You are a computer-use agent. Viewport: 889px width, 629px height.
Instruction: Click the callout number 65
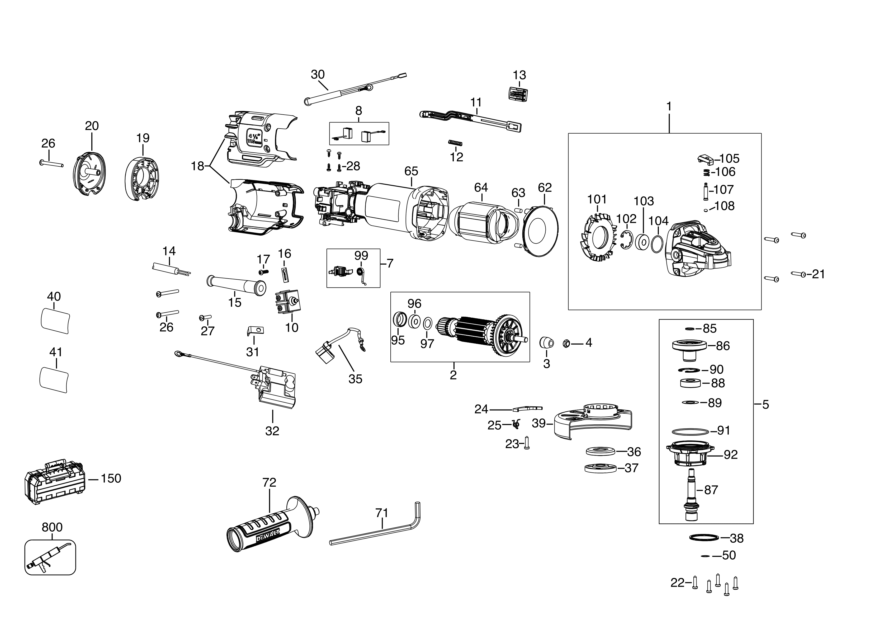411,171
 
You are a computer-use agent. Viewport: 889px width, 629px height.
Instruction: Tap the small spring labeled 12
455,143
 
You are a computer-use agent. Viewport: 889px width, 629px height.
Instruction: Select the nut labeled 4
565,343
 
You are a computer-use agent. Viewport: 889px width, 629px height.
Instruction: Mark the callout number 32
272,431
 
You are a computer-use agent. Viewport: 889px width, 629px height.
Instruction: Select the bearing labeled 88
690,383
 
